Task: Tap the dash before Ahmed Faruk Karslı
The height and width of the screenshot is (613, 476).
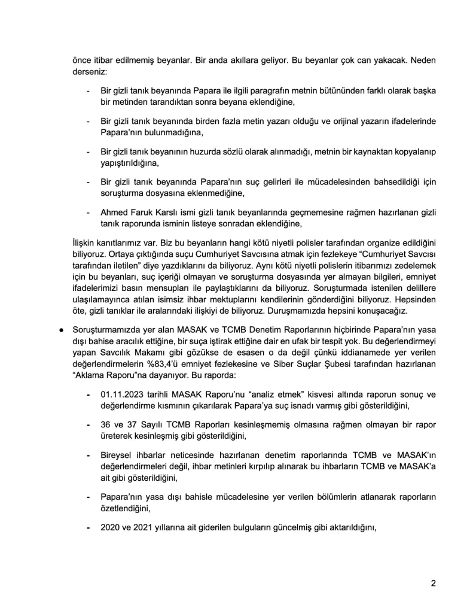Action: [89, 212]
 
